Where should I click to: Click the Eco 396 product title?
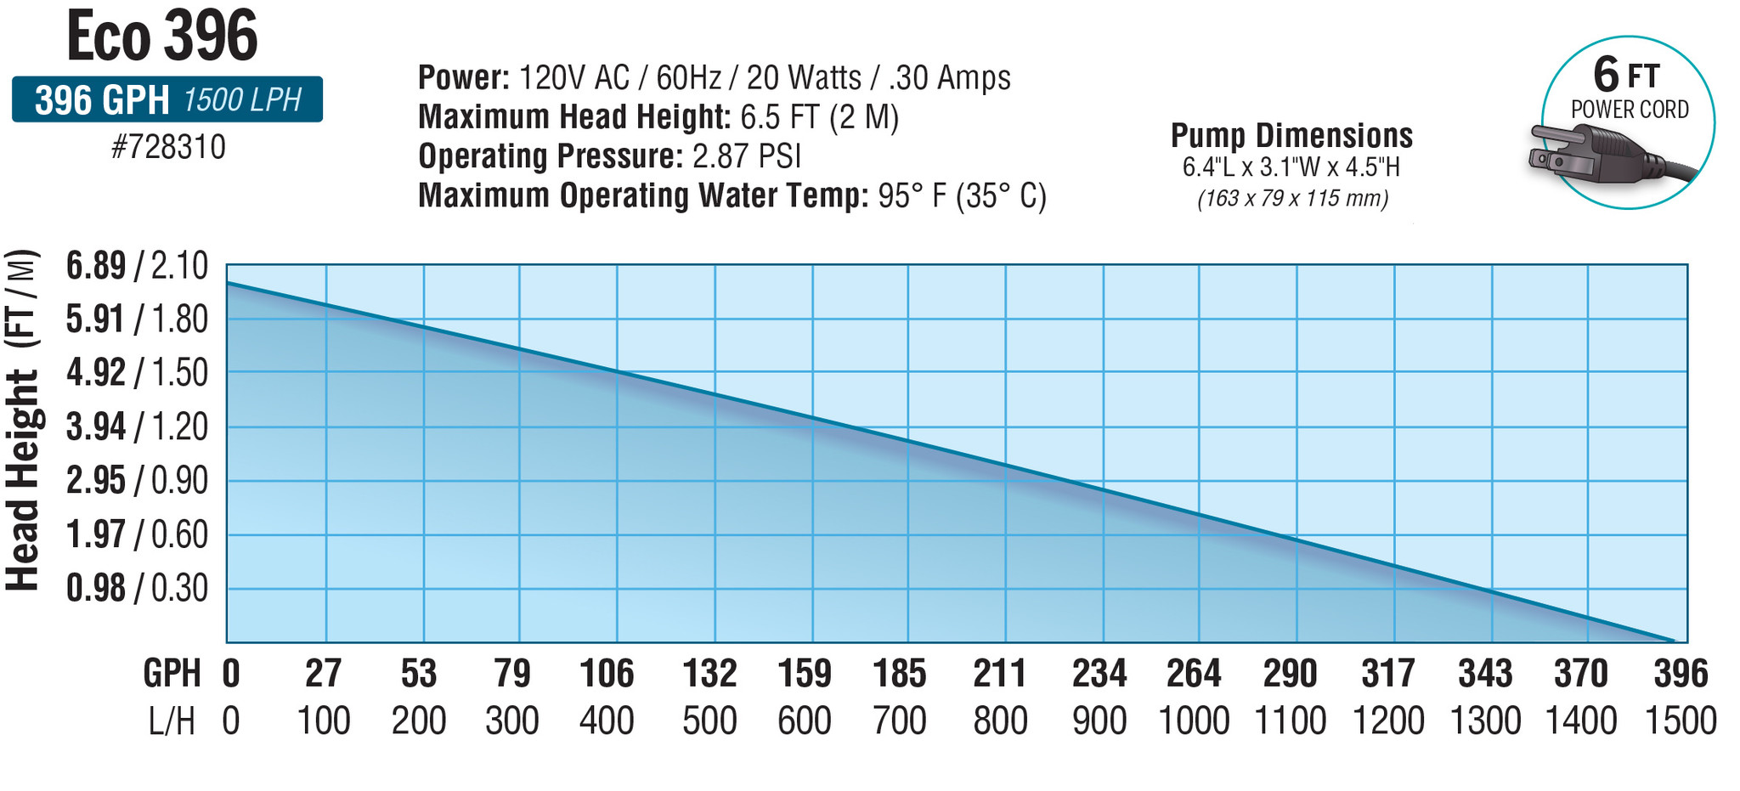pos(161,37)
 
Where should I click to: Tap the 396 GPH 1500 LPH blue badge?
pos(167,100)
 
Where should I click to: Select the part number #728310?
pos(168,148)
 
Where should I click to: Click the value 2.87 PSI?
pos(747,156)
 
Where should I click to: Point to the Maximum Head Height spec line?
pos(658,116)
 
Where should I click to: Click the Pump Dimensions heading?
pos(1291,136)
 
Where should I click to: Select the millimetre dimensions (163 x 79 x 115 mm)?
pos(1292,199)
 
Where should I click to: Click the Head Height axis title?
pos(23,421)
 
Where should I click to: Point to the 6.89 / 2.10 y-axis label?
pos(137,267)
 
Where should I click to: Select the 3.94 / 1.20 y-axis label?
pos(137,427)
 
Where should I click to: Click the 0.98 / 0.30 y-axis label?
pos(137,588)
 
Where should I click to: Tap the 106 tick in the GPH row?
pos(607,674)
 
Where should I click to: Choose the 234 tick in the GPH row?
pos(1099,674)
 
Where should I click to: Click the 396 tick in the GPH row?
pos(1681,674)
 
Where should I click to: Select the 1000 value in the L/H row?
pos(1194,721)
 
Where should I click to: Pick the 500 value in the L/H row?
pos(709,721)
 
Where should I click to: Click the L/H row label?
pos(172,721)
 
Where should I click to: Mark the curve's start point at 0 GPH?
pos(228,283)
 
